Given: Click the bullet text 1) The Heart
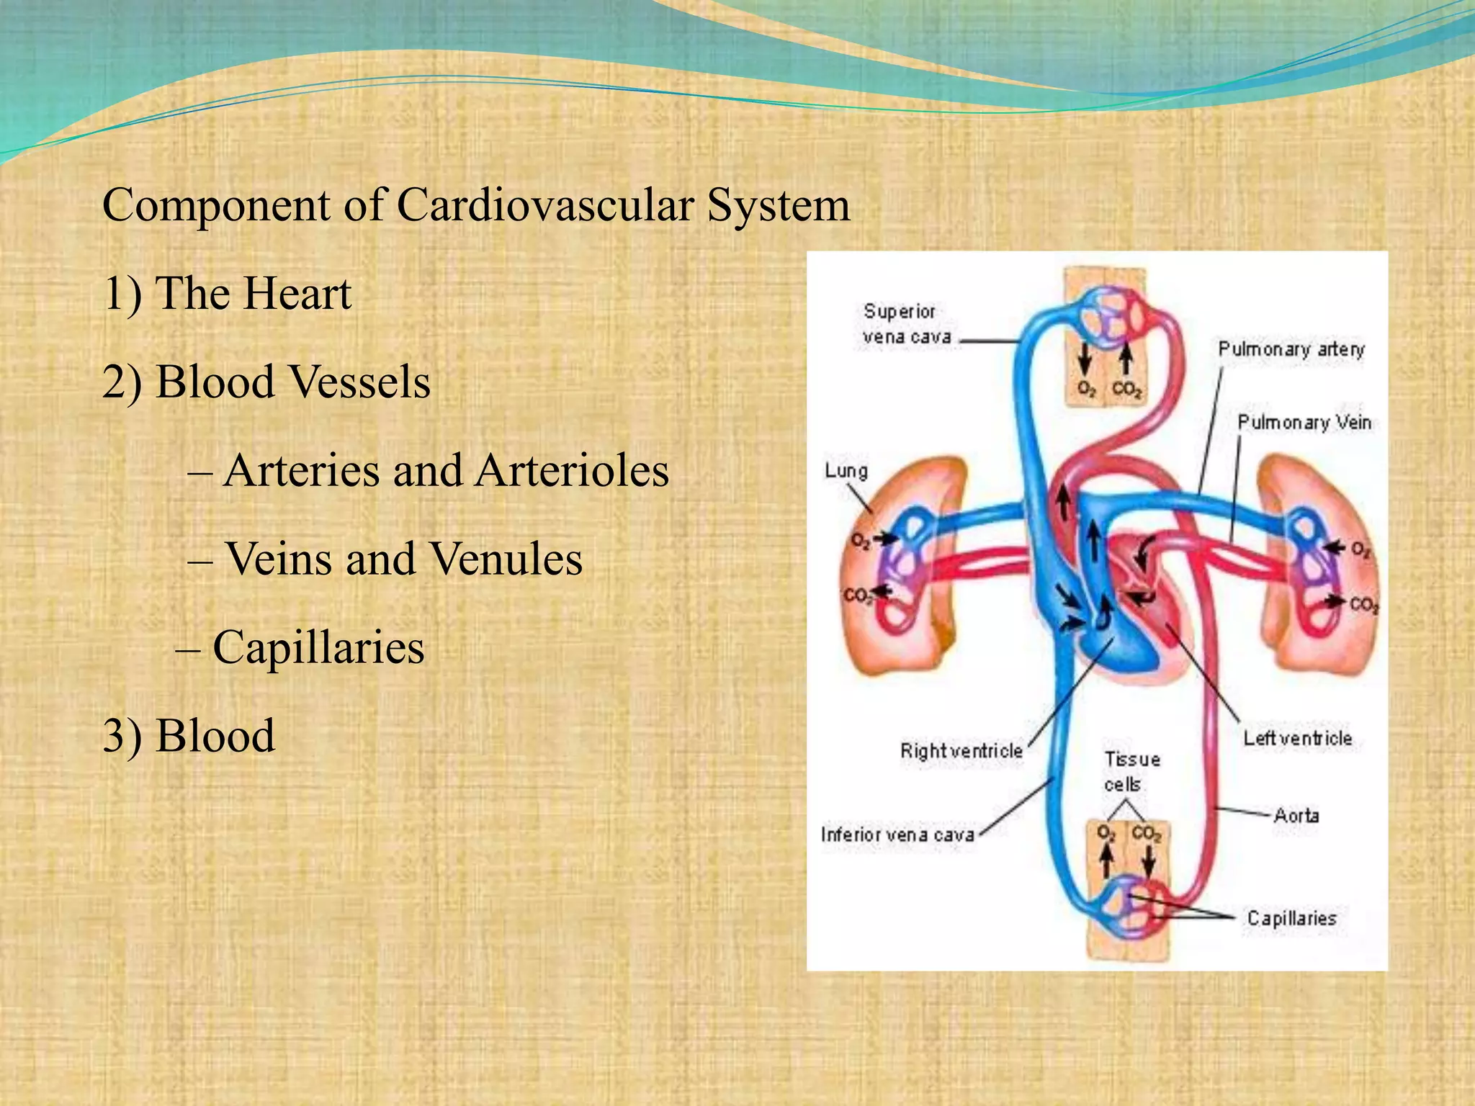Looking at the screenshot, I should [227, 294].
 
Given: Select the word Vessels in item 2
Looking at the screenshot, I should [364, 382].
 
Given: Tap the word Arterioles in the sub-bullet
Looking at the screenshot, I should [572, 470].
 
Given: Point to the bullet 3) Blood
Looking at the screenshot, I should [189, 736].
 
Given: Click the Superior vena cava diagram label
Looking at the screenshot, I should [906, 324].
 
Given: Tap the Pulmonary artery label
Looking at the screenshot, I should [1291, 349].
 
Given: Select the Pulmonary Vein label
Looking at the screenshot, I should [1304, 423].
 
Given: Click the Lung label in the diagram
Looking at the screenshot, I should [846, 471].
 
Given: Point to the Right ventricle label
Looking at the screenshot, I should [961, 751].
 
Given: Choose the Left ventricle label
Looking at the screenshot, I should [1297, 738].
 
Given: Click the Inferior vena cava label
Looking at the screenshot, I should [897, 835].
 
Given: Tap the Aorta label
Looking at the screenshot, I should [1296, 815].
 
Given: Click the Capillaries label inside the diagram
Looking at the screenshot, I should [1291, 918].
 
